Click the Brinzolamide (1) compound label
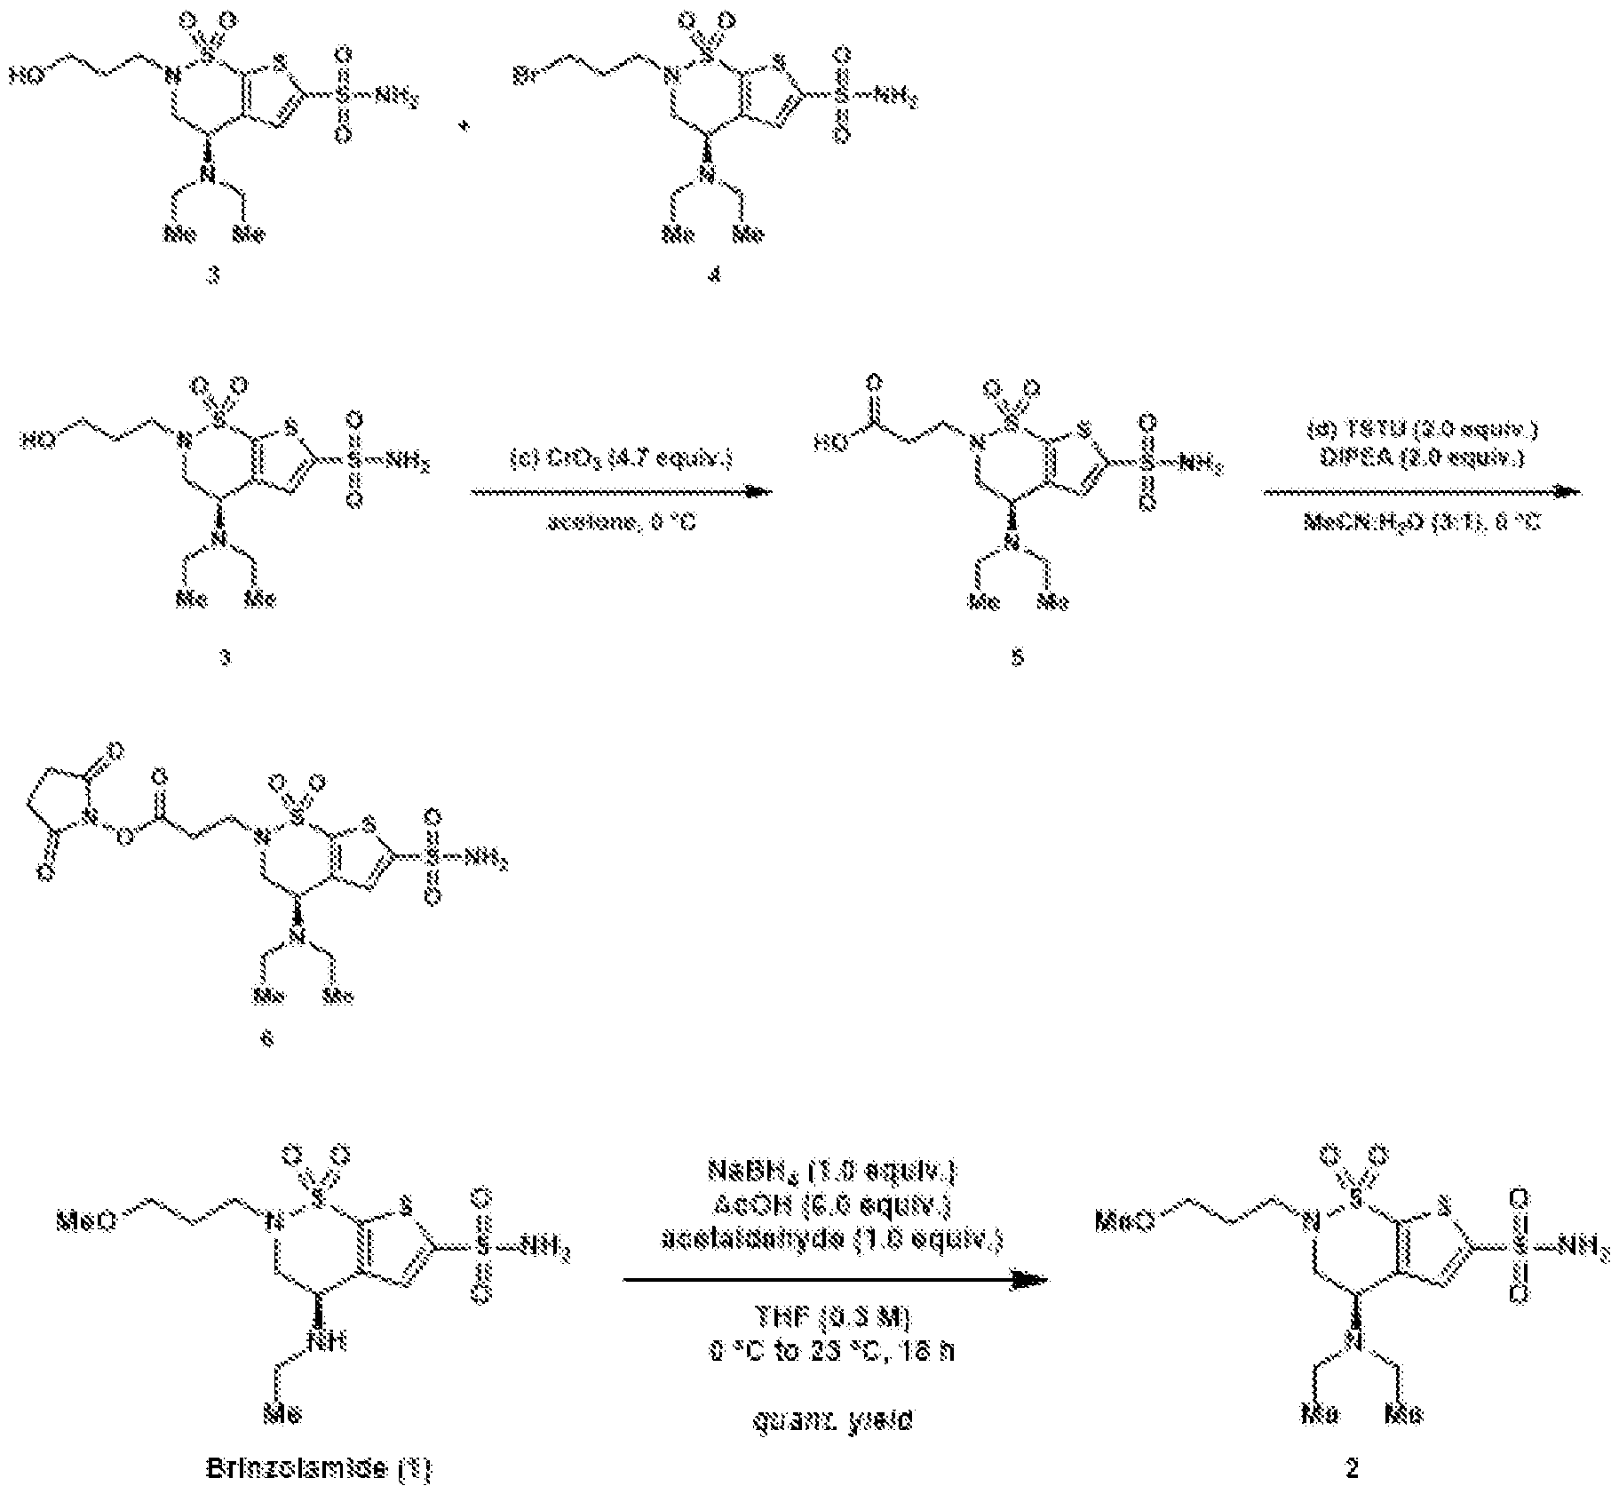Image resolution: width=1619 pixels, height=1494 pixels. pyautogui.click(x=318, y=1468)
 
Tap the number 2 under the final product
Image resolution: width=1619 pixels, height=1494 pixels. pyautogui.click(x=1352, y=1468)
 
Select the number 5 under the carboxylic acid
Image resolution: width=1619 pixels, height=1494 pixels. pyautogui.click(x=1017, y=657)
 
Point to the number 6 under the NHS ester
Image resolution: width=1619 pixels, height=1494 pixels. pyautogui.click(x=267, y=1037)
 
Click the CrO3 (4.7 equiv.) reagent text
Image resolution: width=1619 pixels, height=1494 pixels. pyautogui.click(x=620, y=459)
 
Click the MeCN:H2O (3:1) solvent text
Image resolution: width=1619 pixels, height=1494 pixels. pyautogui.click(x=1422, y=522)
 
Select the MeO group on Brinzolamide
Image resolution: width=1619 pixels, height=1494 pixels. pyautogui.click(x=86, y=1220)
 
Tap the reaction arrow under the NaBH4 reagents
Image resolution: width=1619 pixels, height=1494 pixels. pyautogui.click(x=835, y=1280)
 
